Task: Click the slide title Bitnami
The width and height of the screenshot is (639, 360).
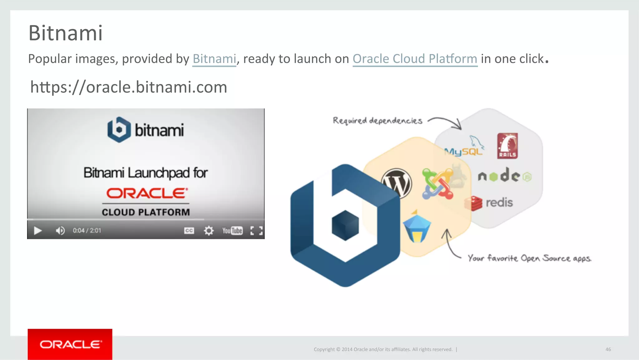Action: pos(66,33)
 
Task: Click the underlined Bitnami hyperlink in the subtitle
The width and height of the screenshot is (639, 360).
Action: pos(214,59)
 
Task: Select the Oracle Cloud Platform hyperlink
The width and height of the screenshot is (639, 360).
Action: pos(415,59)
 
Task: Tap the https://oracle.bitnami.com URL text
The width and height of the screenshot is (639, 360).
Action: pos(129,87)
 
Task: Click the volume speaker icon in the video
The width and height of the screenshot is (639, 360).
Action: pos(60,231)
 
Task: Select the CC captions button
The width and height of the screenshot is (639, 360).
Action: pos(189,231)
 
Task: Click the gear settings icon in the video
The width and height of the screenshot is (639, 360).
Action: pos(209,231)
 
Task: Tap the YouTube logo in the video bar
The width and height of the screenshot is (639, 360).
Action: pos(232,231)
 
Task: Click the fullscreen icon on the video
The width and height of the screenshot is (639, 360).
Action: pos(256,231)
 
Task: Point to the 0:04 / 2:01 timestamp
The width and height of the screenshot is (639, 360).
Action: pos(87,231)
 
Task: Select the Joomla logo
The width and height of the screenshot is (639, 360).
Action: pos(437,184)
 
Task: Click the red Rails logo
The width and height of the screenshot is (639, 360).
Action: pos(507,146)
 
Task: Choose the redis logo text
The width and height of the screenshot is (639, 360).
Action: pos(499,203)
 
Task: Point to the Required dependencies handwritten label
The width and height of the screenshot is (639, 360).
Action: pos(378,121)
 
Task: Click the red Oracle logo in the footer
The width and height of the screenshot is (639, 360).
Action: pos(70,344)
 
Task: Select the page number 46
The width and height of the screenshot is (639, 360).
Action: pos(608,349)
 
